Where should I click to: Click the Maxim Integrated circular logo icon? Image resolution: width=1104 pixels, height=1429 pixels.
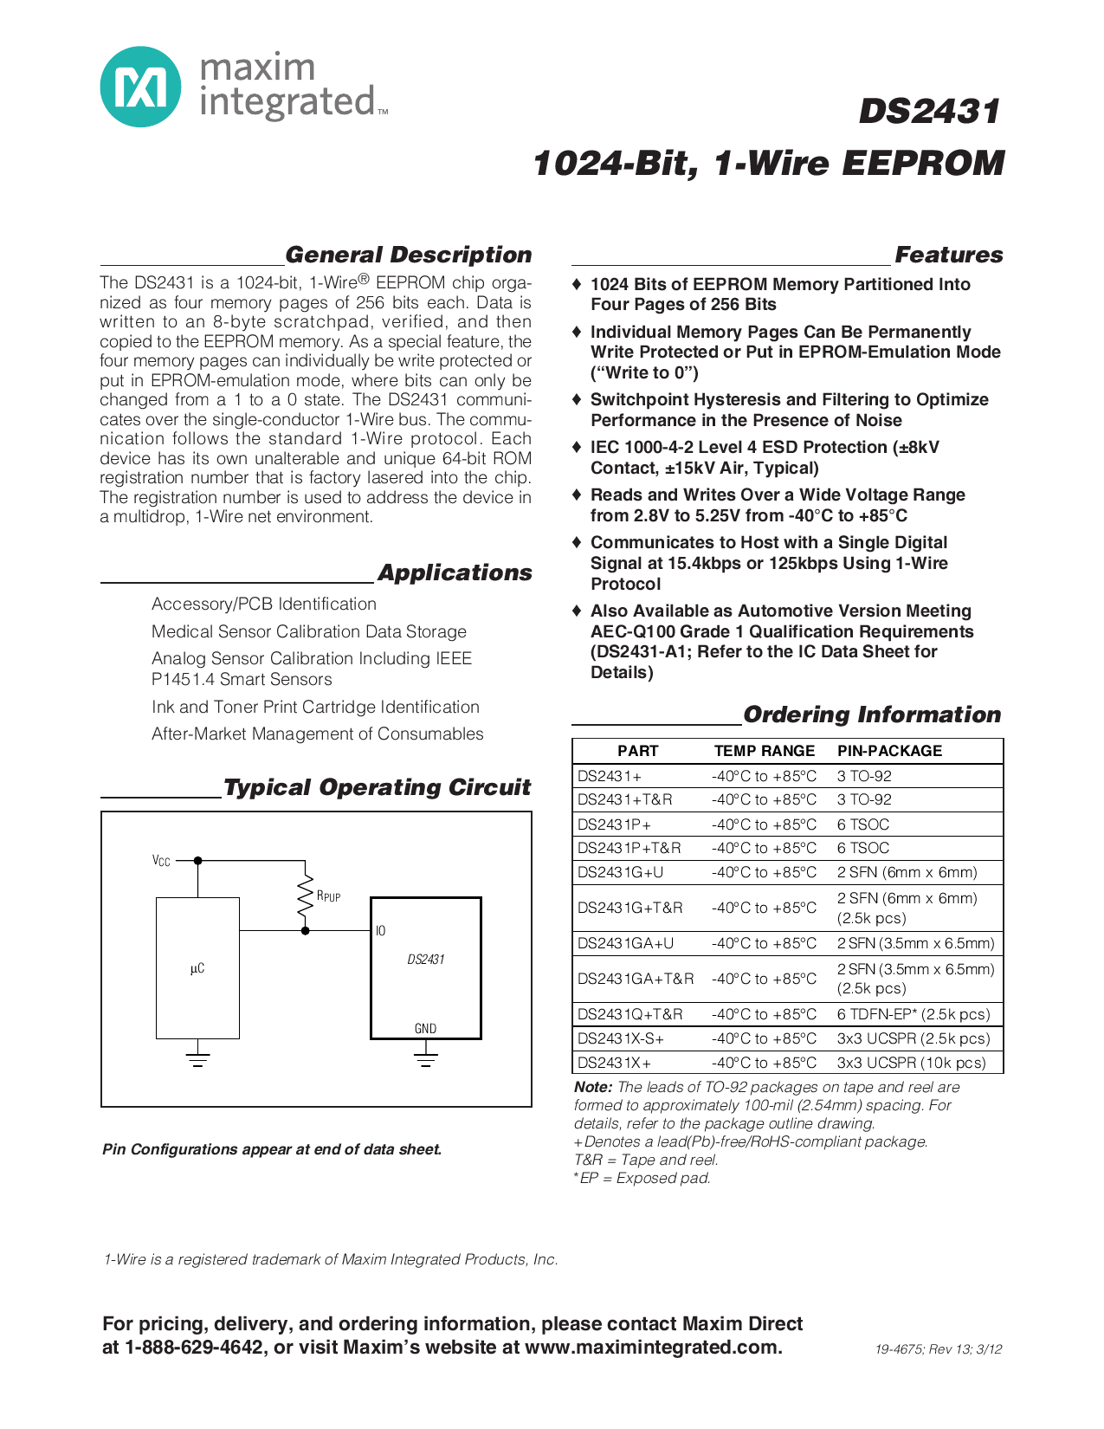[140, 87]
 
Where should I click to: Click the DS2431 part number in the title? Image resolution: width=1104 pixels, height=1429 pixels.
[928, 112]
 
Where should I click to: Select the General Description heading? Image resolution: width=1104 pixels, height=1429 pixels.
[408, 255]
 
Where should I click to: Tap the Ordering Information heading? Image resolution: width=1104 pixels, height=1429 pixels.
[871, 714]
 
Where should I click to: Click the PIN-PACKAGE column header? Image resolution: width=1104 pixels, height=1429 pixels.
[889, 751]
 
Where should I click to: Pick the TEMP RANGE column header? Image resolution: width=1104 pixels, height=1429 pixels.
[764, 751]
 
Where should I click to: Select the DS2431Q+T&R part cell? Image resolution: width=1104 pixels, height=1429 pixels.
[629, 1014]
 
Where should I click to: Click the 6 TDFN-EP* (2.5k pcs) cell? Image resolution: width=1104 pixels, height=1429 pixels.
[913, 1014]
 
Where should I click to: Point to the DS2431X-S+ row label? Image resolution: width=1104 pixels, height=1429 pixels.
[620, 1038]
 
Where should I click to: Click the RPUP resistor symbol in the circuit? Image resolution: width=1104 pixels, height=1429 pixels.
[305, 896]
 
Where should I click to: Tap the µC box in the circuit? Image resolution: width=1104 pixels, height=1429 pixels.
[197, 968]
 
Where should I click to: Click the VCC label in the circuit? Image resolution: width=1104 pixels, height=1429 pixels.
[161, 861]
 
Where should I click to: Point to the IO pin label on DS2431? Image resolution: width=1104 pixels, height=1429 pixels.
[381, 931]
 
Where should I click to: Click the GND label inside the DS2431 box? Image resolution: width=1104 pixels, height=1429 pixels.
[425, 1029]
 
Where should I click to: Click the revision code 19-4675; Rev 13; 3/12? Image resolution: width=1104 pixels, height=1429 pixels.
[938, 1349]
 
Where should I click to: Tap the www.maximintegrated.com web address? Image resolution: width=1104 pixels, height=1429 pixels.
[652, 1348]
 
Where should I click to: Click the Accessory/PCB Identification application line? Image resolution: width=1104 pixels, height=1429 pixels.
[264, 605]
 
